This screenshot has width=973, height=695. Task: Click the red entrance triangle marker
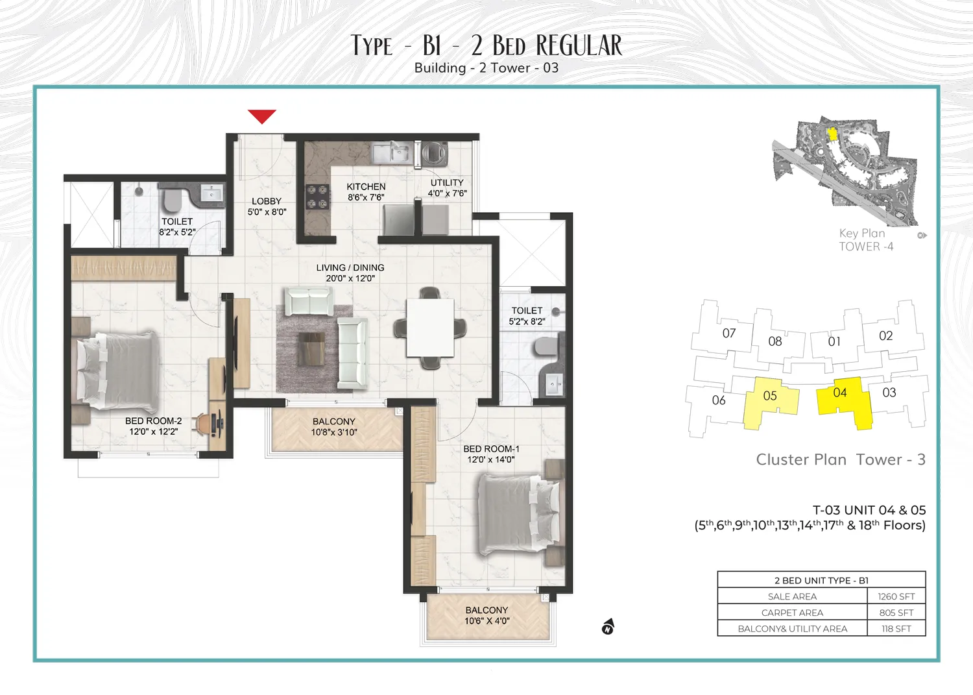point(262,116)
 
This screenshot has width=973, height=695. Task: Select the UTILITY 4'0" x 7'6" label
point(447,188)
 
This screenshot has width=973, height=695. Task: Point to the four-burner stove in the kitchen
point(317,197)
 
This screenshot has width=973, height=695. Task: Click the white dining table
point(429,328)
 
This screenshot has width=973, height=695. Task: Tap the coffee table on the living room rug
point(311,348)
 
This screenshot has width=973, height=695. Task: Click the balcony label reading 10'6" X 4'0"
point(486,615)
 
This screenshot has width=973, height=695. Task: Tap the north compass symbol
point(608,627)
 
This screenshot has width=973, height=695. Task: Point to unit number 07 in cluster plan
point(729,333)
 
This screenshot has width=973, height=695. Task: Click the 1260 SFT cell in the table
point(896,596)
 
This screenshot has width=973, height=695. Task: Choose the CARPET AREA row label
point(792,613)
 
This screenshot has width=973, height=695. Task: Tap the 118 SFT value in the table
point(896,629)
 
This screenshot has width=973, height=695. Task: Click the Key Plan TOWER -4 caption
point(865,239)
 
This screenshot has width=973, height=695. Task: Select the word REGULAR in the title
point(579,46)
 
